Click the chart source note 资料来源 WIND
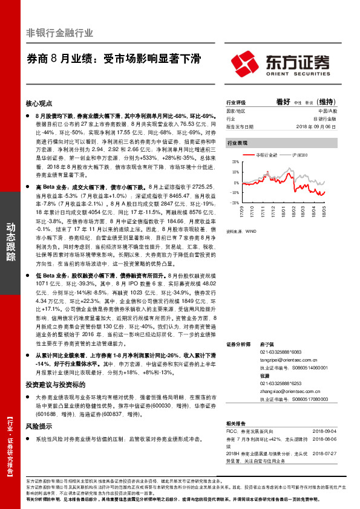239,230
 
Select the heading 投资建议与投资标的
55,384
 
